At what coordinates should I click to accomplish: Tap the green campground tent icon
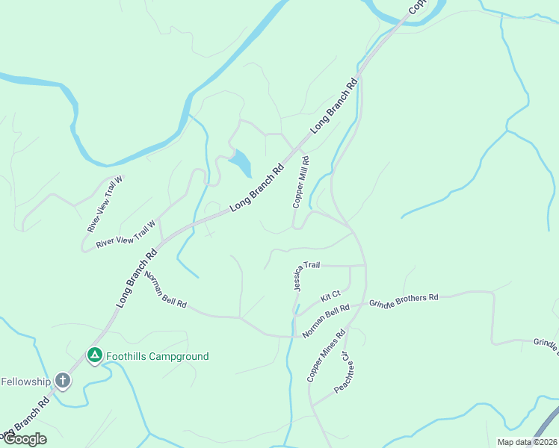point(94,356)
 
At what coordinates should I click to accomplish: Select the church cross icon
point(63,382)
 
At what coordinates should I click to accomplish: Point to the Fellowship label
point(25,382)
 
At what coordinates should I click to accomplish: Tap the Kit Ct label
point(330,296)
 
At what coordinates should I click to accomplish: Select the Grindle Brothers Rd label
point(404,301)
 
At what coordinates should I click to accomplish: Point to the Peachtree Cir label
point(342,373)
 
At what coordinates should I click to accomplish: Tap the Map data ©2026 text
point(528,442)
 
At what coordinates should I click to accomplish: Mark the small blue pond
point(241,163)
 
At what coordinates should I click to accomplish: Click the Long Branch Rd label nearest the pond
point(257,187)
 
